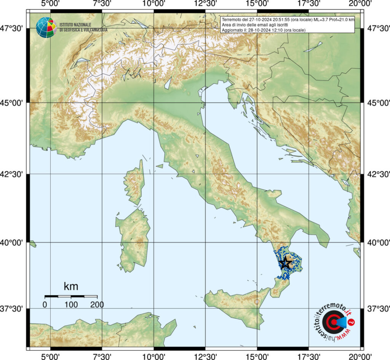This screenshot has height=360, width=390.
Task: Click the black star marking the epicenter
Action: coord(285,263)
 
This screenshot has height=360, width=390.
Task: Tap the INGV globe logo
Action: coord(46,27)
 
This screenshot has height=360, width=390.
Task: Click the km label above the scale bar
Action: coord(71,286)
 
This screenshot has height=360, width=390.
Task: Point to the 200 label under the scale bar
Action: coord(97,304)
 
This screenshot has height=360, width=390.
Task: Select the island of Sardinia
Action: coord(133,240)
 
